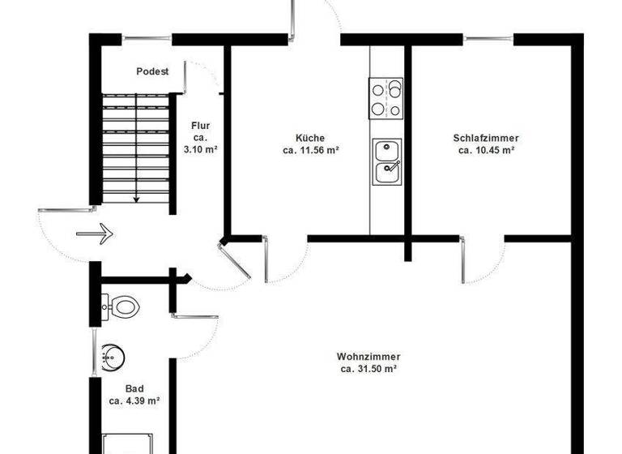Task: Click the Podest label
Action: point(152,71)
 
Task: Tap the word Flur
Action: point(201,126)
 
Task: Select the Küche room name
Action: point(310,138)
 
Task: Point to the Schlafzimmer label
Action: point(486,138)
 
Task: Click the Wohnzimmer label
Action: point(369,357)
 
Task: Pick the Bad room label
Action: point(134,388)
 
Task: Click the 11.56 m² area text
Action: point(310,150)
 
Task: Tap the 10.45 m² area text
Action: point(486,150)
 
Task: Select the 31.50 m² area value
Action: point(369,369)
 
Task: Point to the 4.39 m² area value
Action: point(134,400)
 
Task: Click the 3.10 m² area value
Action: point(201,150)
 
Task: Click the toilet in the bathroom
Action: point(122,306)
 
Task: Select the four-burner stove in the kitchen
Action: point(386,98)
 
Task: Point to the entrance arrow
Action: point(94,233)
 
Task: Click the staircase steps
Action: point(135,146)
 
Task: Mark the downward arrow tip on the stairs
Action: point(136,199)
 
